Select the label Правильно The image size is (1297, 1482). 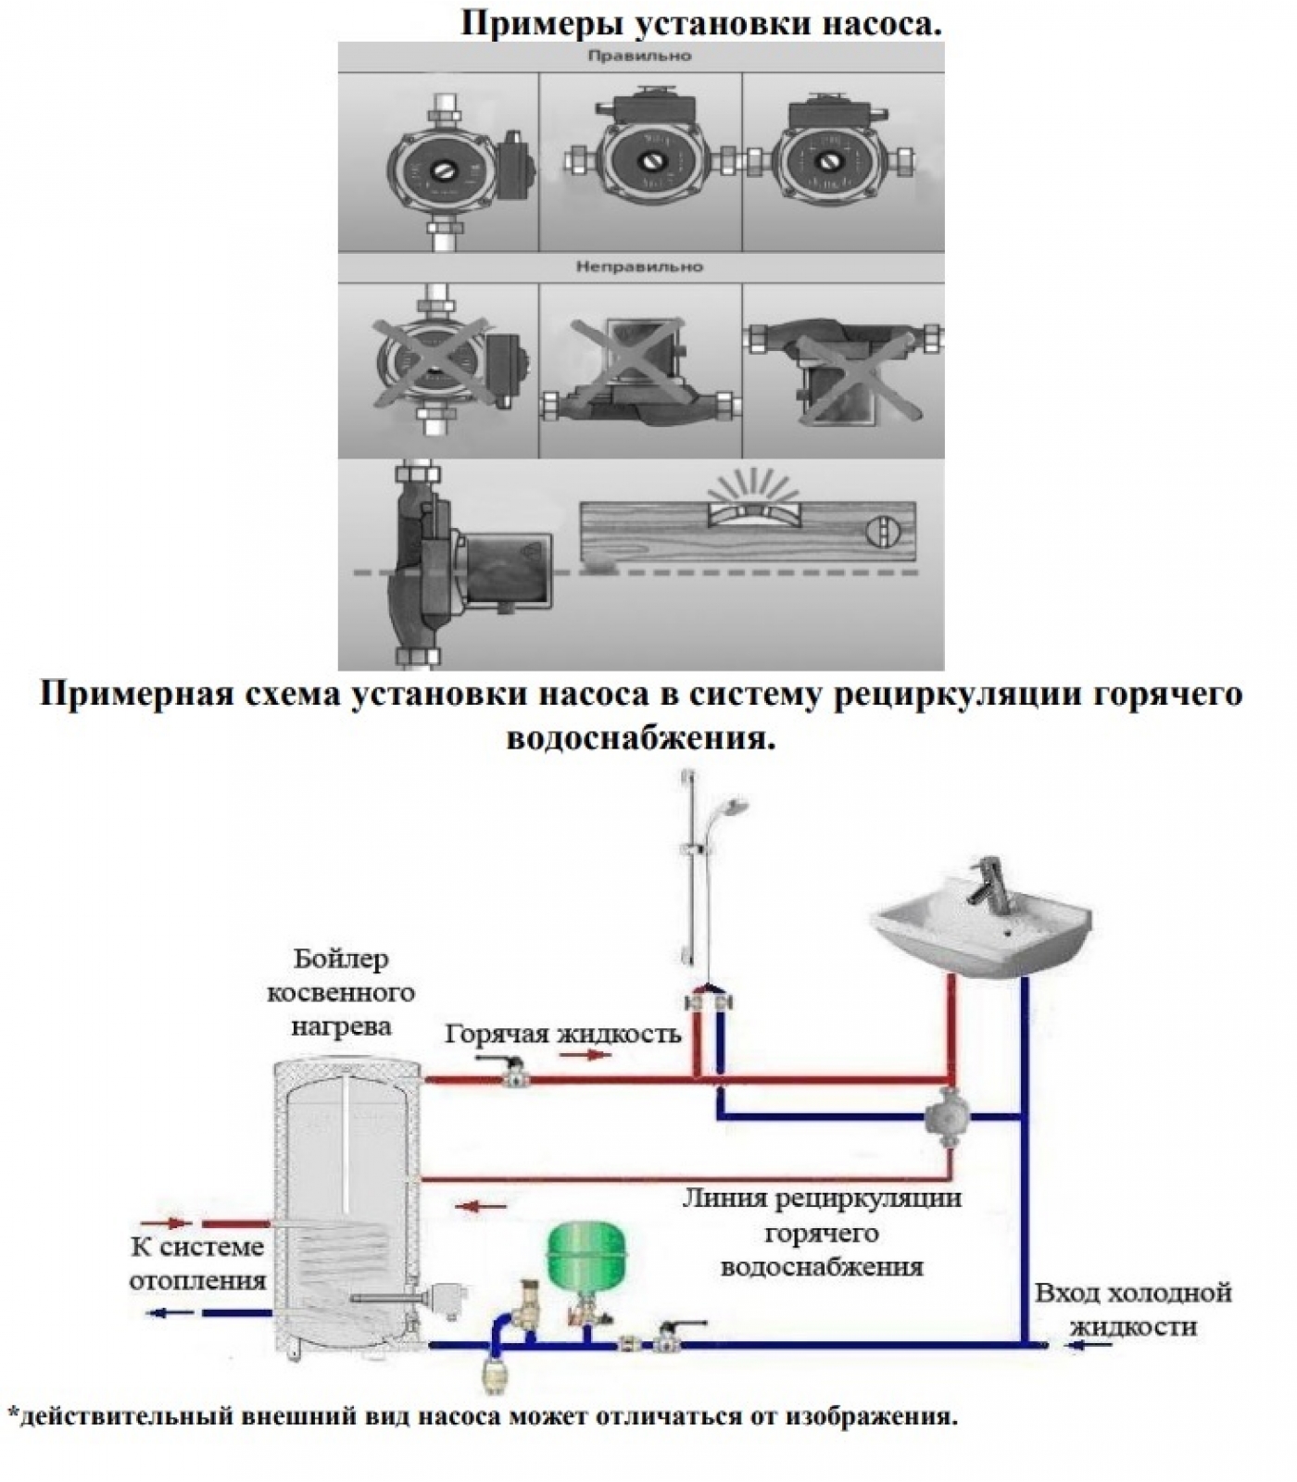(639, 57)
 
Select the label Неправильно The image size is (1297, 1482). (639, 267)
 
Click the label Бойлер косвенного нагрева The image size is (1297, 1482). (341, 993)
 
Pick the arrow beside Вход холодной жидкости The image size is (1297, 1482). (1089, 1345)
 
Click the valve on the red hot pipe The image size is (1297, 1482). (511, 1077)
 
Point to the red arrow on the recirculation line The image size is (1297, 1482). (482, 1206)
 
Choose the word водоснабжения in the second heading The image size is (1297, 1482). (639, 738)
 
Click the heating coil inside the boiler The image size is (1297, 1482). (334, 1264)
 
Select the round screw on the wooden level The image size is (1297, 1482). (880, 533)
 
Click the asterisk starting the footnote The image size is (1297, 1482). (12, 1414)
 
